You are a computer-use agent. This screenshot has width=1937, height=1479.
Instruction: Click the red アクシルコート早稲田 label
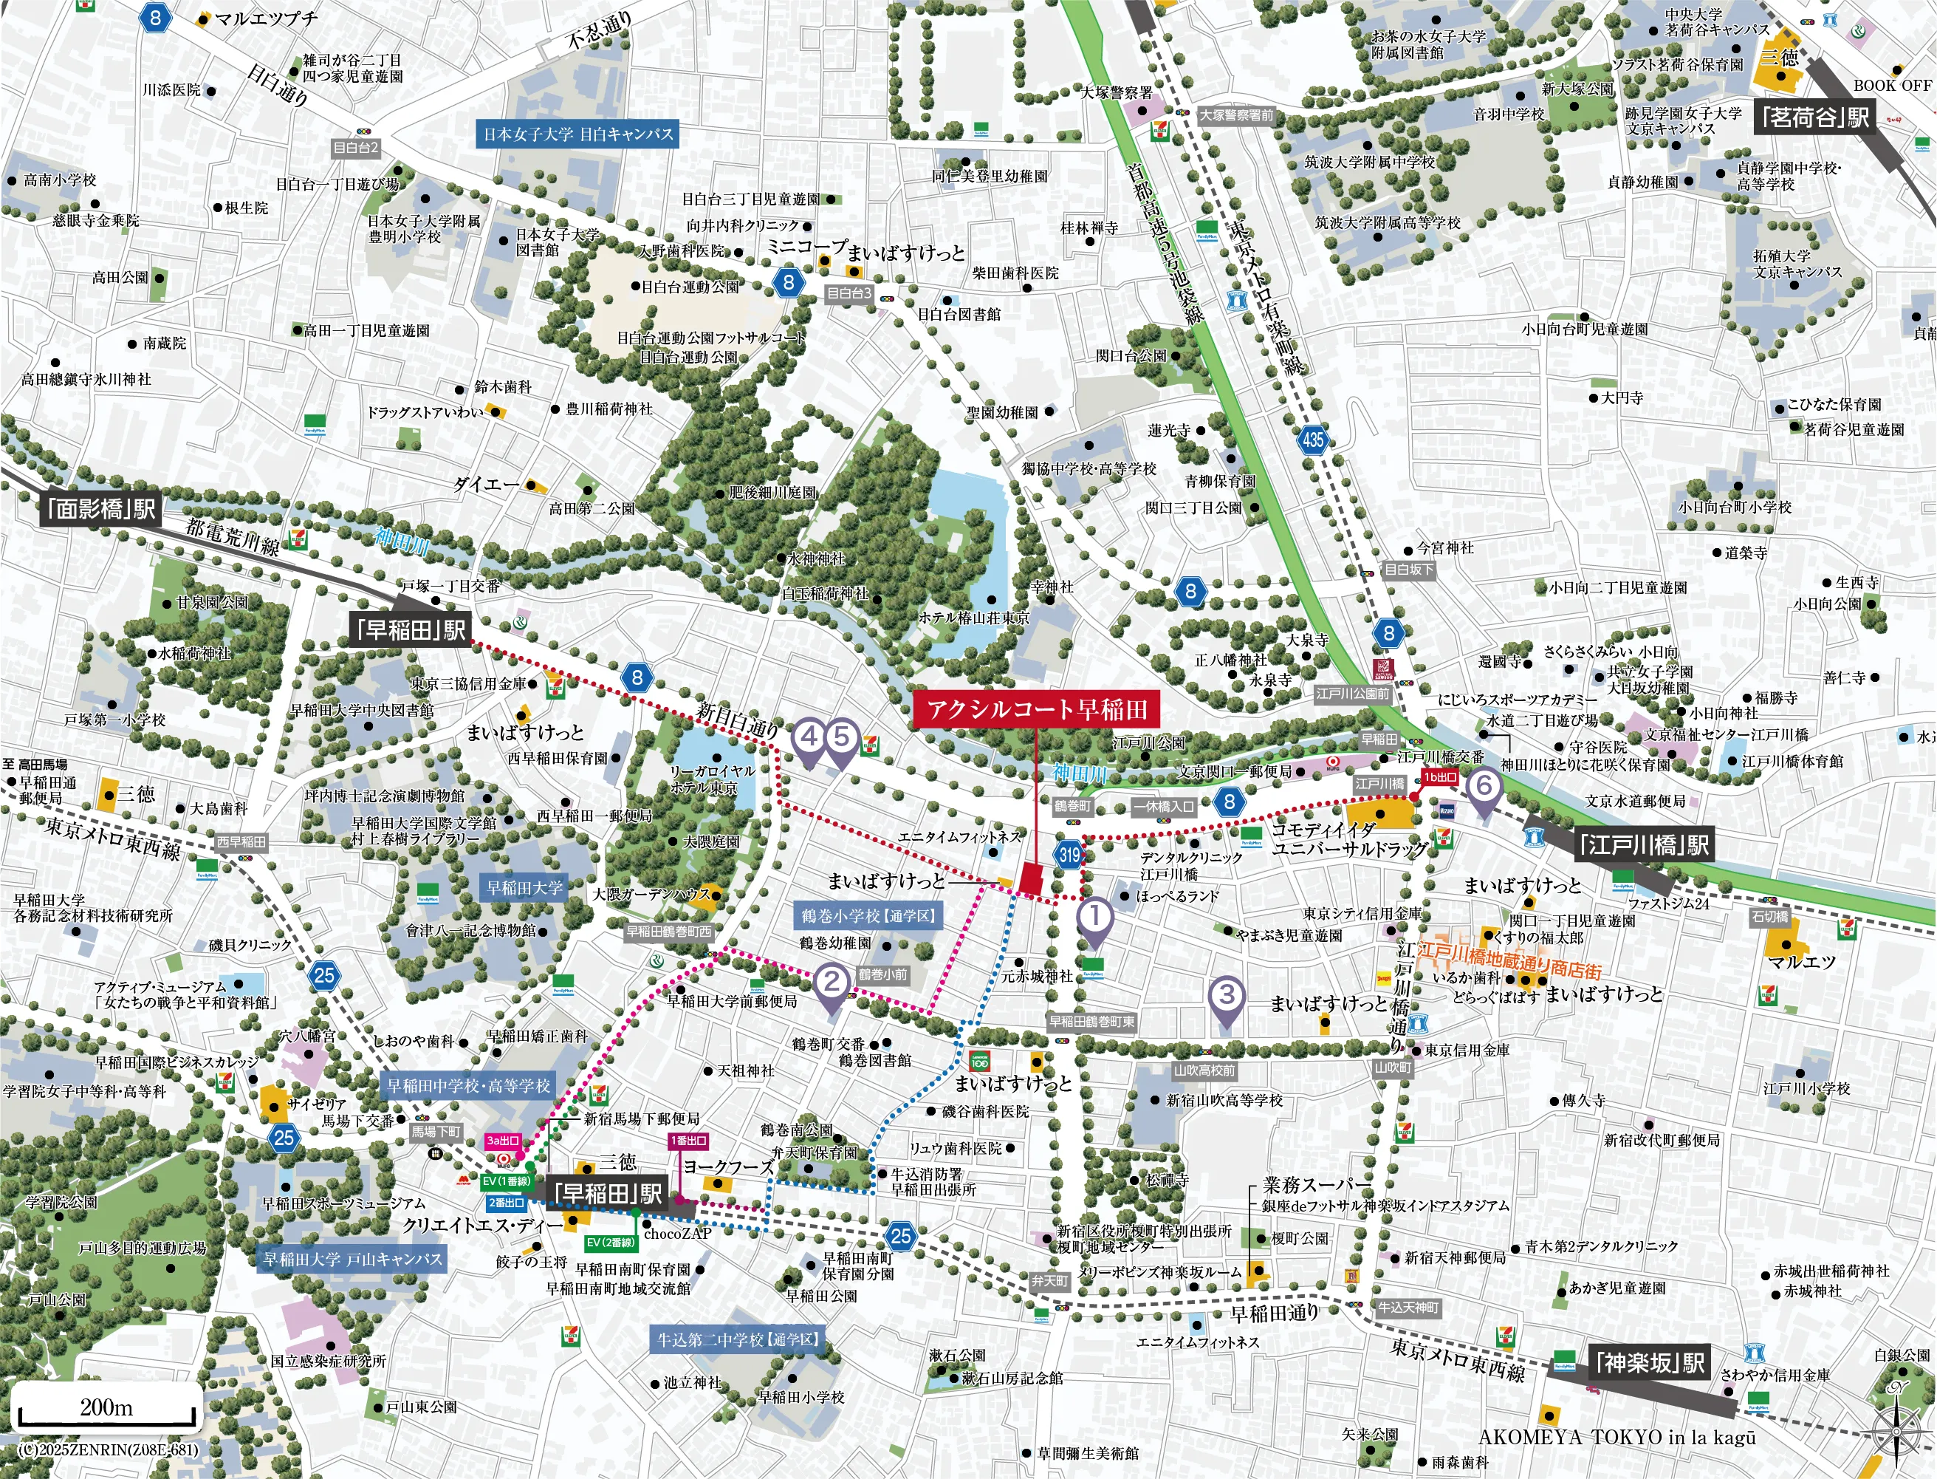[1036, 709]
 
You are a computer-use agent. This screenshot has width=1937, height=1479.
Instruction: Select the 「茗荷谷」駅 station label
[1814, 117]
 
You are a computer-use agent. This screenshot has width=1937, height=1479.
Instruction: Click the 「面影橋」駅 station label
[101, 509]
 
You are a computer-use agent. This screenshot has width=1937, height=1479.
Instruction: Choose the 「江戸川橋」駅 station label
[1642, 845]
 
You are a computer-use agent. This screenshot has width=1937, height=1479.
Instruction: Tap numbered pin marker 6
[1484, 785]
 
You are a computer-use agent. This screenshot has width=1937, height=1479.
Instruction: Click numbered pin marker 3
[1227, 997]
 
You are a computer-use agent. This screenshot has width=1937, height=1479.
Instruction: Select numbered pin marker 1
[1094, 918]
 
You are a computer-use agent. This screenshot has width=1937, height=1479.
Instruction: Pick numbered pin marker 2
[832, 982]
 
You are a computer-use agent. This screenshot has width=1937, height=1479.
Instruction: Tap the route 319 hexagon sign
[1069, 854]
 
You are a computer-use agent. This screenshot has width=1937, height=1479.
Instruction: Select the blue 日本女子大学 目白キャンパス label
[577, 134]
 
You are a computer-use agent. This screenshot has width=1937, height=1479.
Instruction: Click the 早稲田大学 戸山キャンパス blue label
[352, 1260]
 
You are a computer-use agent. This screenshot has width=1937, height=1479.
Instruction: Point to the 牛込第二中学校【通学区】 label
[738, 1340]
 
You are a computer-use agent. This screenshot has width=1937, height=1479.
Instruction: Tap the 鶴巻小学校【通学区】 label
[868, 915]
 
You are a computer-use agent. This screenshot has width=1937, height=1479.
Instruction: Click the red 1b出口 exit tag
[1440, 777]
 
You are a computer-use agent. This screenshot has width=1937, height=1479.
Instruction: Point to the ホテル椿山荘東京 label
[973, 618]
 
